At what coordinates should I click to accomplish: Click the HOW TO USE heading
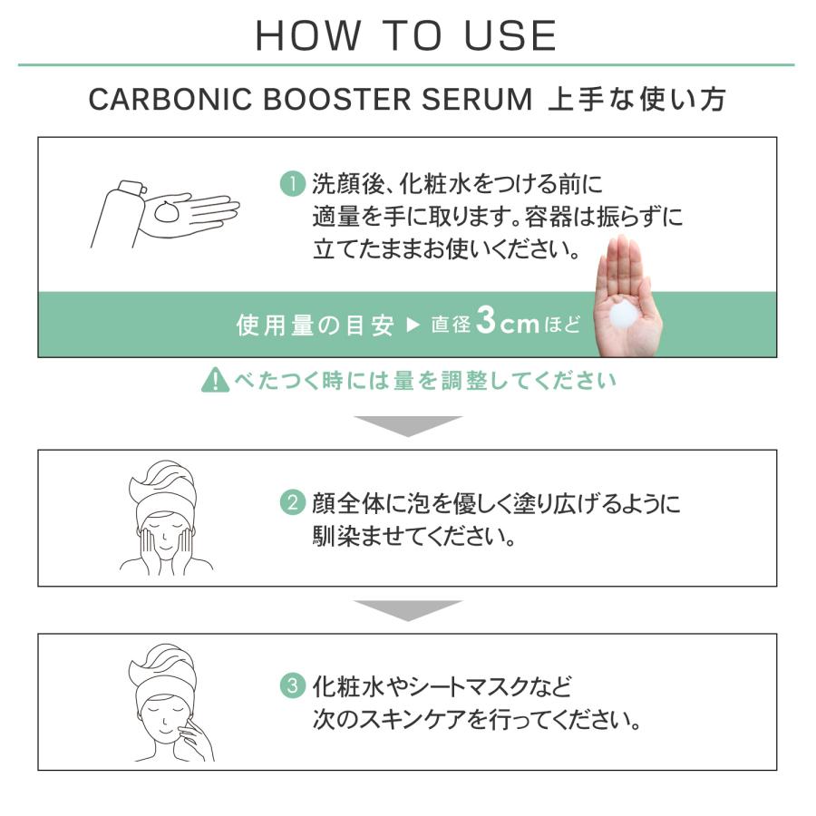pyautogui.click(x=406, y=35)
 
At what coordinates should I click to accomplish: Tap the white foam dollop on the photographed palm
pyautogui.click(x=627, y=315)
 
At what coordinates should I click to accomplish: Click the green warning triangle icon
pyautogui.click(x=215, y=381)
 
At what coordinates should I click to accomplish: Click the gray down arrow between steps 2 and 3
pyautogui.click(x=407, y=609)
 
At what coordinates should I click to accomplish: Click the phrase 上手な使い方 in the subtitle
pyautogui.click(x=636, y=101)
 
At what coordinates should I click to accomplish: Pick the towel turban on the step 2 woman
pyautogui.click(x=163, y=485)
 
